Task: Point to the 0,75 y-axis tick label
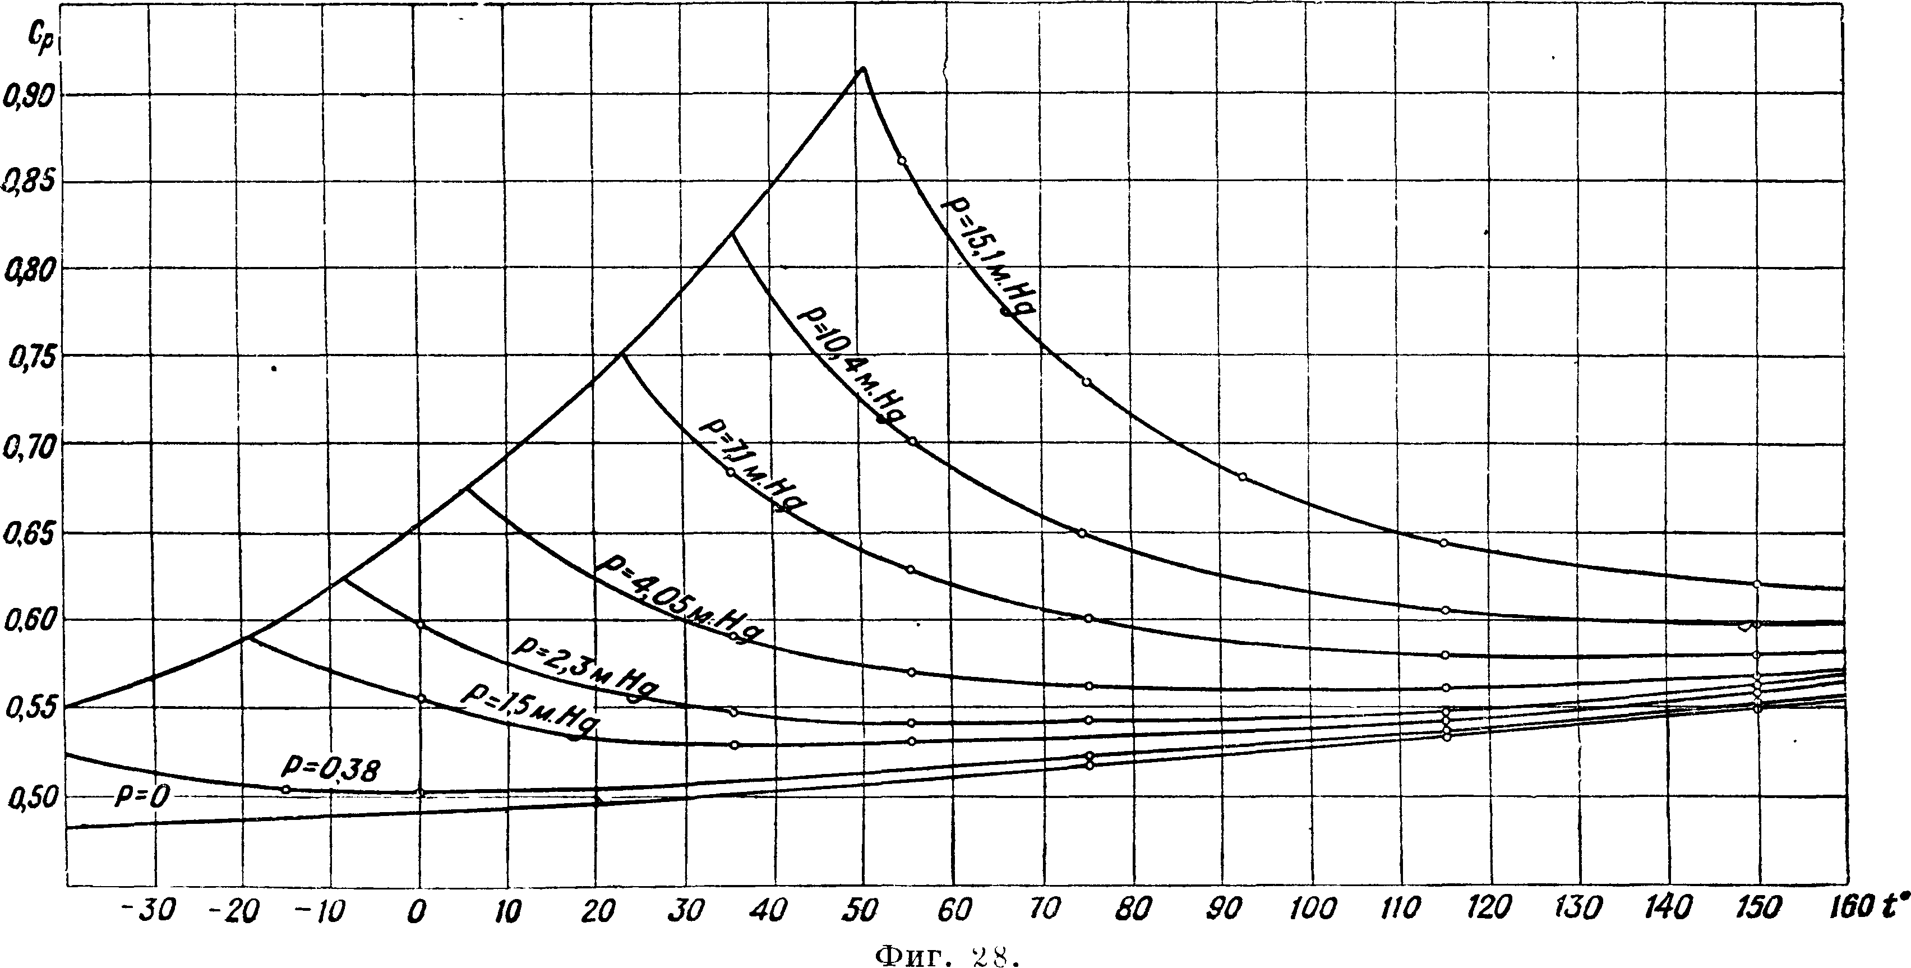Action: pyautogui.click(x=30, y=359)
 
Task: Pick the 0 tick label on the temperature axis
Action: pyautogui.click(x=418, y=911)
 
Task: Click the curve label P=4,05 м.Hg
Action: pyautogui.click(x=680, y=598)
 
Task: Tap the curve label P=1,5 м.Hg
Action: pyautogui.click(x=531, y=712)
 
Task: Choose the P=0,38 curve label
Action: pyautogui.click(x=331, y=769)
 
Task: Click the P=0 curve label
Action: pyautogui.click(x=143, y=796)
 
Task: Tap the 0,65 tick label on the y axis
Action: pyautogui.click(x=30, y=536)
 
